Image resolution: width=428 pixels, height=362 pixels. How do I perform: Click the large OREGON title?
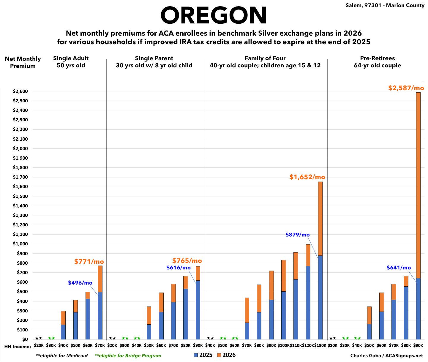[x=214, y=15]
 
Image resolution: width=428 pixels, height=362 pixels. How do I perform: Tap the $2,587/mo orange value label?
[x=406, y=88]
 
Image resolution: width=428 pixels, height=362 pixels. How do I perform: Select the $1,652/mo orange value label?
[x=307, y=177]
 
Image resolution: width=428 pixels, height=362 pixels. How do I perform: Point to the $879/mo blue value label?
[x=297, y=235]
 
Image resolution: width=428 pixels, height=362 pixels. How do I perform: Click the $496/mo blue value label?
[x=80, y=283]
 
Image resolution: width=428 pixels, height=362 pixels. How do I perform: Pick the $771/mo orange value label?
[x=89, y=261]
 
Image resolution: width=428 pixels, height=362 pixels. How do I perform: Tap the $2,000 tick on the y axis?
[x=20, y=148]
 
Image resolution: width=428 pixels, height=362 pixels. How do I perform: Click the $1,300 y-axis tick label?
[x=20, y=215]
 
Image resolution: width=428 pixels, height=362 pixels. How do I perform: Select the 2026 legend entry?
[x=226, y=355]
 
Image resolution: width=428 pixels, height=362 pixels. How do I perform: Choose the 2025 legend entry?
[x=203, y=355]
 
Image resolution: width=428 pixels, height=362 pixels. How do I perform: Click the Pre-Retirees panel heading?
[x=377, y=62]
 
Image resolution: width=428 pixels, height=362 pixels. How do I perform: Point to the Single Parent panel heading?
[x=154, y=62]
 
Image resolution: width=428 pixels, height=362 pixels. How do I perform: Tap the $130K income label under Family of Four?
[x=320, y=346]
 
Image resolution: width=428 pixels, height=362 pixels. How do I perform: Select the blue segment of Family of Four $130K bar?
[x=320, y=297]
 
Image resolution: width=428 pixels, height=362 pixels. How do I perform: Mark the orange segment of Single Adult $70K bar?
[x=100, y=279]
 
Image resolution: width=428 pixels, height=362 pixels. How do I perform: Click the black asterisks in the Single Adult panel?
[x=39, y=339]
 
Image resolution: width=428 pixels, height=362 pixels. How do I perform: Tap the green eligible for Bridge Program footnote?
[x=128, y=355]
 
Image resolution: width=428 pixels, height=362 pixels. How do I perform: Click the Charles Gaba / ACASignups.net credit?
[x=386, y=355]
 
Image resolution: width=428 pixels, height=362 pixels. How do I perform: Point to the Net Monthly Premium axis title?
[x=23, y=62]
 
